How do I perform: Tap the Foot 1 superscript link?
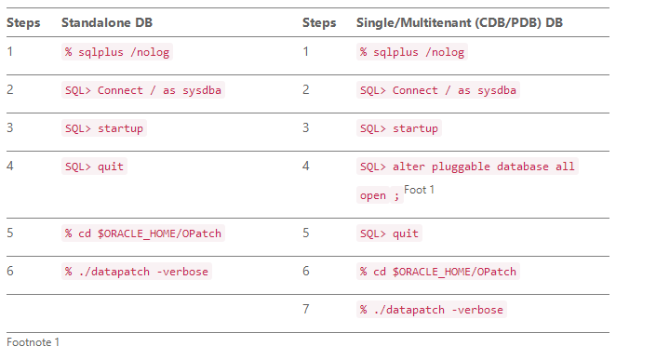[420, 190]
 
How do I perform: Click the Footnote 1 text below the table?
[33, 342]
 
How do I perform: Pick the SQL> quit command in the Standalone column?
[94, 167]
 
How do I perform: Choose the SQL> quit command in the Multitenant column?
[390, 233]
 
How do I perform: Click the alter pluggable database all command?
[467, 167]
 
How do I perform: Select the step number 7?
[306, 309]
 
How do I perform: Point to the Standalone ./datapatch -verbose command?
[137, 272]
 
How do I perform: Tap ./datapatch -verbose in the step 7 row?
[432, 310]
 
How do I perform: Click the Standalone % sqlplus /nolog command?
[116, 52]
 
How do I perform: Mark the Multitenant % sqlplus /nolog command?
[412, 52]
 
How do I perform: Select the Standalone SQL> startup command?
[104, 128]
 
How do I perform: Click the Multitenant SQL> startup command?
[399, 128]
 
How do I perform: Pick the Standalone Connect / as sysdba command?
[143, 90]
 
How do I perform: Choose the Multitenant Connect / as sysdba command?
[439, 90]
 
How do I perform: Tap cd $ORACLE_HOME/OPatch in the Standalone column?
[142, 233]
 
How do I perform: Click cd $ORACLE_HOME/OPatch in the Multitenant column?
[438, 272]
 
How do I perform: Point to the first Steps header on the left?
[23, 22]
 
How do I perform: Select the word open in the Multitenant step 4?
[372, 195]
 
